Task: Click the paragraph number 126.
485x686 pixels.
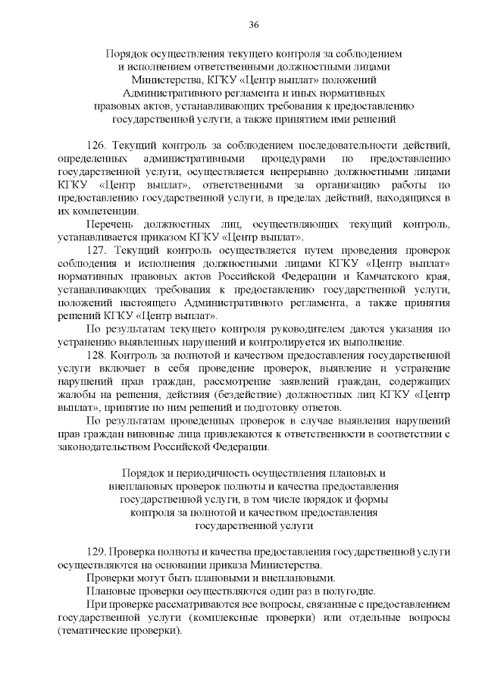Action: pyautogui.click(x=99, y=145)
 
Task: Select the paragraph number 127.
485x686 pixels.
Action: pyautogui.click(x=99, y=249)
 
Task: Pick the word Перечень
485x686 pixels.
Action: pyautogui.click(x=111, y=224)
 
